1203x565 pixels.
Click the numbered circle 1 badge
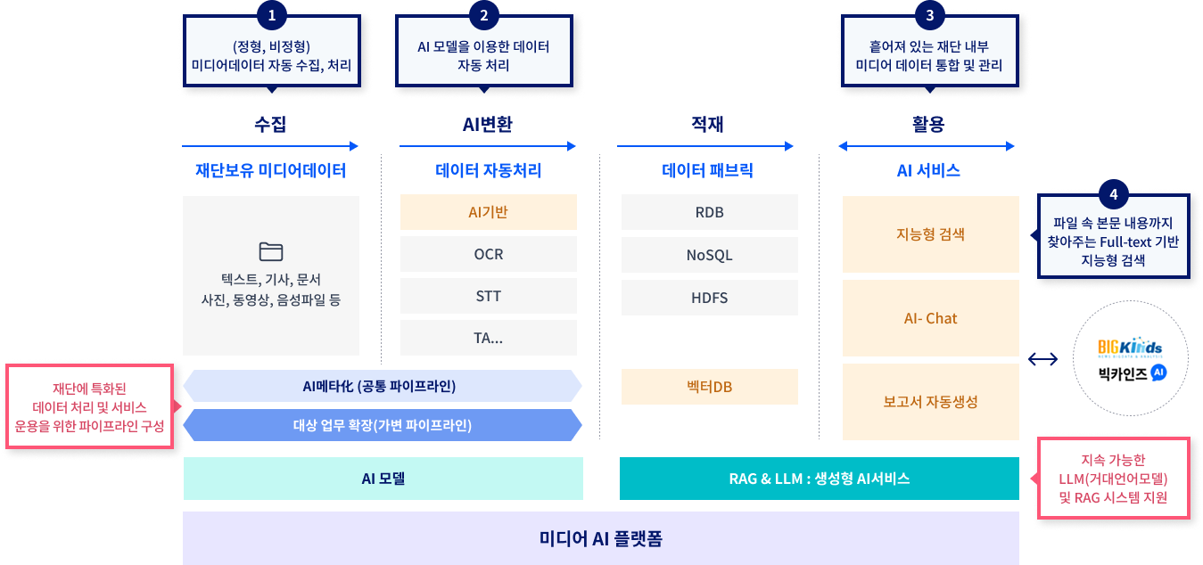(x=271, y=15)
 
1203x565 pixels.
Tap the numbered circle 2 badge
(x=483, y=15)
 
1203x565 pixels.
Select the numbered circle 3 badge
(x=930, y=15)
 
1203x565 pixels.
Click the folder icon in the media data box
(x=270, y=250)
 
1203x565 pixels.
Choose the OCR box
(x=489, y=254)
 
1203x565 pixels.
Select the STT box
(x=489, y=296)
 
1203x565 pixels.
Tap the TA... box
(x=489, y=338)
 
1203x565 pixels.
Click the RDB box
(x=709, y=212)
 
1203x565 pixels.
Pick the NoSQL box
(x=709, y=255)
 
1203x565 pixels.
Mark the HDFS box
(x=709, y=297)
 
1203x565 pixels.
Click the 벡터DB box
(x=709, y=387)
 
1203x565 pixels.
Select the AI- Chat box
(x=930, y=318)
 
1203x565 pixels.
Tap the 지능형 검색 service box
(x=930, y=234)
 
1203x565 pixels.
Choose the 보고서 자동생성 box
(x=930, y=401)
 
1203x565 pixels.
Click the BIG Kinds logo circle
(x=1130, y=358)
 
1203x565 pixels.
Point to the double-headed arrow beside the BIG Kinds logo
(x=1042, y=359)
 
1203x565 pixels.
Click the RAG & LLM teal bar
(x=819, y=479)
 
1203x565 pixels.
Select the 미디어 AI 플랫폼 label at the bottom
(x=601, y=538)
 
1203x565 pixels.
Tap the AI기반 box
(x=489, y=212)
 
